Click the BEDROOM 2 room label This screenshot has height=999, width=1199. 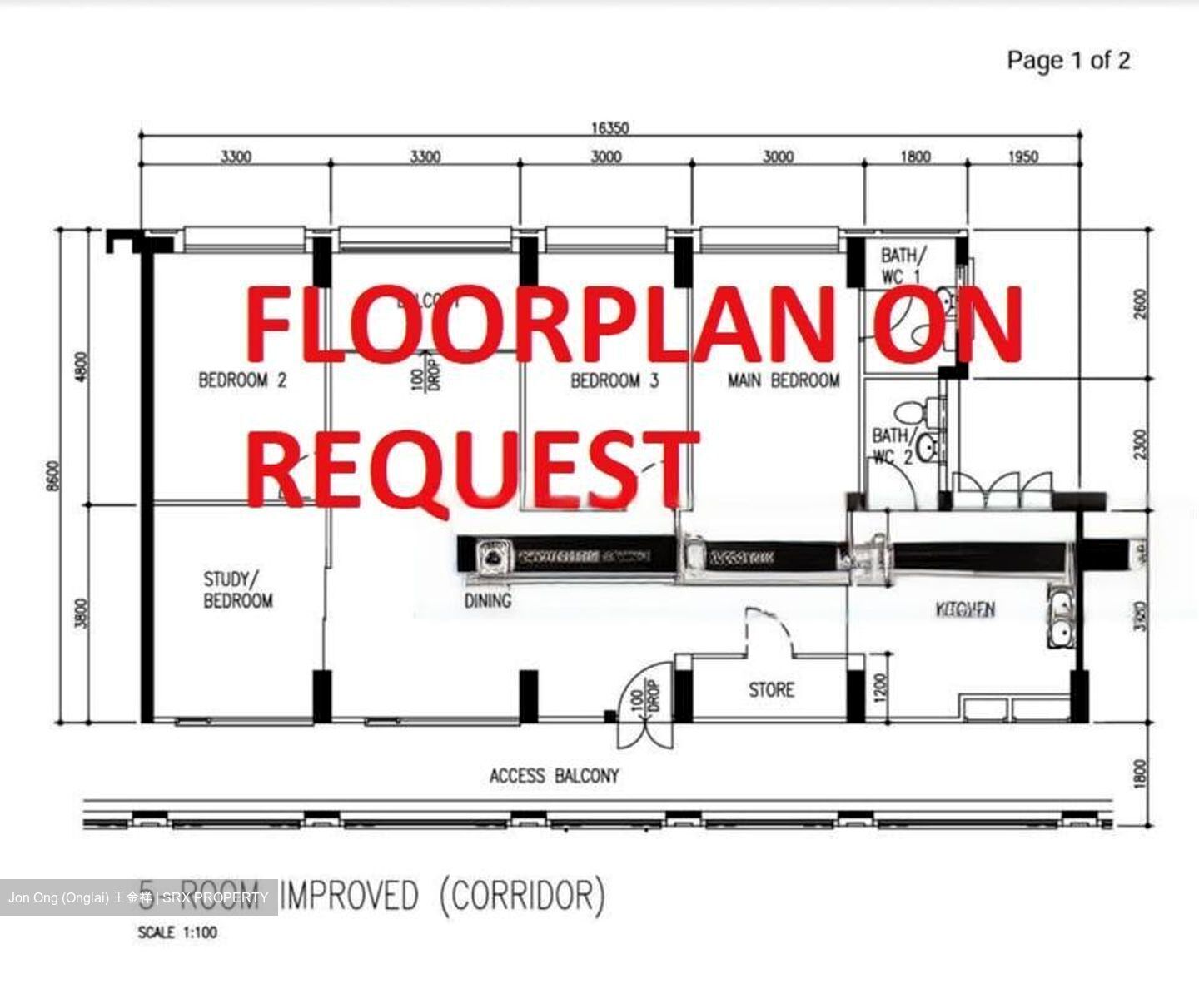[x=242, y=380]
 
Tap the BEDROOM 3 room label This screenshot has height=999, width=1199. [x=614, y=381]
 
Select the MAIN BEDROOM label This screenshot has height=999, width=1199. [x=784, y=380]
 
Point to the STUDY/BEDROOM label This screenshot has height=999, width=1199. [x=237, y=589]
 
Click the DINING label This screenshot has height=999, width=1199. [x=487, y=600]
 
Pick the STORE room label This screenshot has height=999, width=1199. [x=771, y=690]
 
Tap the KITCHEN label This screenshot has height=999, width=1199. [x=965, y=609]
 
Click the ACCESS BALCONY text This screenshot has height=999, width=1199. [x=554, y=776]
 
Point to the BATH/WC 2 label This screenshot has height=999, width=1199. [x=892, y=445]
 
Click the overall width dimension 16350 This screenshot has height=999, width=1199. [x=609, y=127]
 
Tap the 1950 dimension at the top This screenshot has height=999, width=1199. [x=1023, y=156]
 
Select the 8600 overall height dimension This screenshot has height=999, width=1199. [x=53, y=475]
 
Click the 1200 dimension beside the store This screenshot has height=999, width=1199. [x=883, y=688]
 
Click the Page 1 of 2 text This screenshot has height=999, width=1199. [x=1068, y=60]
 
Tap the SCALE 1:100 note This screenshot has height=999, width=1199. [x=177, y=932]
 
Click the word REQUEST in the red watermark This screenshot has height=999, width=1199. [x=471, y=468]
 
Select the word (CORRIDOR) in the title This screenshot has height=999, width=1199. [x=522, y=896]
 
